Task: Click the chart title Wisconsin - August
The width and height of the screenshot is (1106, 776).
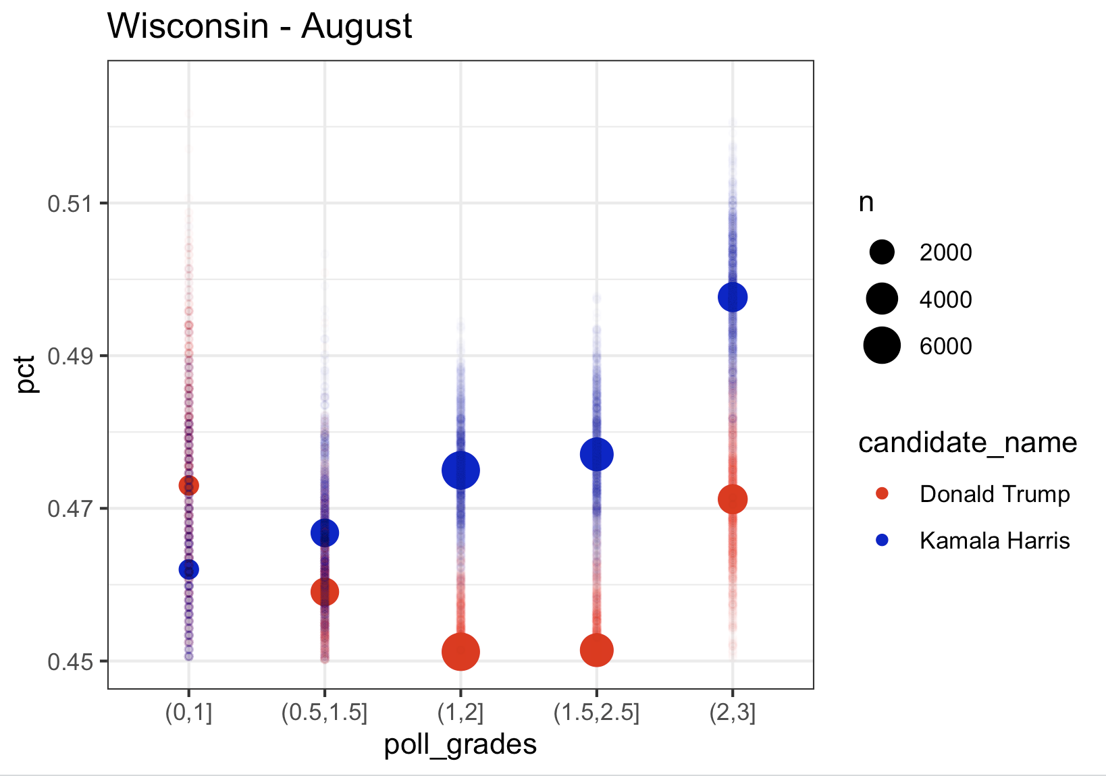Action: pyautogui.click(x=259, y=27)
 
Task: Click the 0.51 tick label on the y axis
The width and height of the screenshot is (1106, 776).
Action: pyautogui.click(x=69, y=203)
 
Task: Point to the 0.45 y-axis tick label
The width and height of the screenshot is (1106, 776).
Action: pyautogui.click(x=69, y=661)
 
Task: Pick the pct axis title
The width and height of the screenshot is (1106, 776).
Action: pyautogui.click(x=27, y=375)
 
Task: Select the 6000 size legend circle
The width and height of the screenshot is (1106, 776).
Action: pyautogui.click(x=882, y=345)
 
